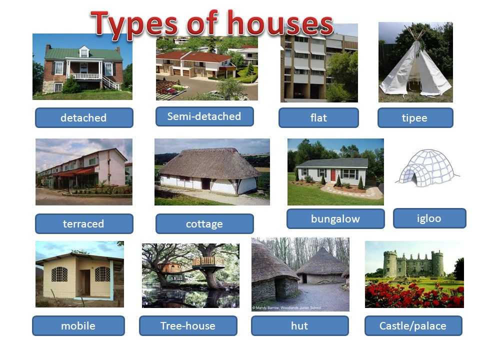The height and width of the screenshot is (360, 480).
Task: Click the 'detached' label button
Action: point(84,117)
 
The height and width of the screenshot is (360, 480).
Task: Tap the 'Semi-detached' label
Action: point(204,116)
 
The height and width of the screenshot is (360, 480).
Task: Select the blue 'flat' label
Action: point(318,117)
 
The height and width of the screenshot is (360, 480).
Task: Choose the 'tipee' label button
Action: point(415,117)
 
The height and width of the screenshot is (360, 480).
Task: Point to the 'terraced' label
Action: point(84,223)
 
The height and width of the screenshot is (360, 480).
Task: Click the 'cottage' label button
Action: point(204,223)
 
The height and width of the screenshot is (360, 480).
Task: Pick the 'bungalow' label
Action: point(335,218)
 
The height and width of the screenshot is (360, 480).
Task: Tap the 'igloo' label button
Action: point(429,218)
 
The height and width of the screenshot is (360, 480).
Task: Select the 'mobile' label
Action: point(78,325)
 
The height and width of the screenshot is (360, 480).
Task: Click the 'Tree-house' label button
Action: point(188,325)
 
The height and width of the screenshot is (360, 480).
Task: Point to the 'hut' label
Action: point(299,325)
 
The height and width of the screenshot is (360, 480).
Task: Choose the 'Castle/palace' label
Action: point(413,325)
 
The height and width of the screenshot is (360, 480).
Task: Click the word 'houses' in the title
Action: point(280,22)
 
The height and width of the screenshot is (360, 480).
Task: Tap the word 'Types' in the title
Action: point(134,24)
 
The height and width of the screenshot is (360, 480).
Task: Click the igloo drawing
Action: point(427,168)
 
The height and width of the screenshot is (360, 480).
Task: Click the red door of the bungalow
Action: point(333,175)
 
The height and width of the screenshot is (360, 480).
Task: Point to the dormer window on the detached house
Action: point(84,52)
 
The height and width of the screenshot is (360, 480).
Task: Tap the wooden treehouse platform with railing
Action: point(208,262)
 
